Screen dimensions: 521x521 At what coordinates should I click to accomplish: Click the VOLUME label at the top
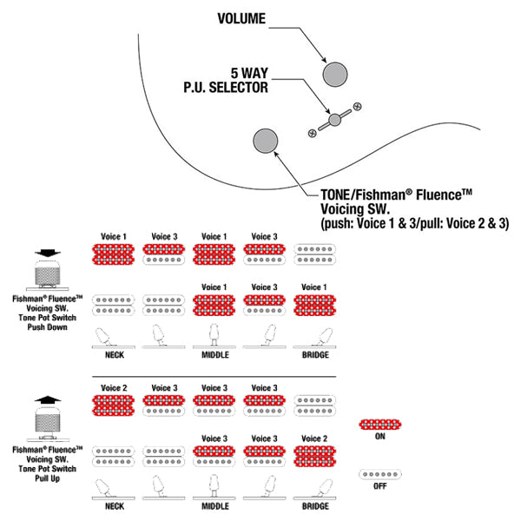[241, 18]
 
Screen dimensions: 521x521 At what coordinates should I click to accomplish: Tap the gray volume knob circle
[335, 74]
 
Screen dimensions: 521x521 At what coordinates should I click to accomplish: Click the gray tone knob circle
[266, 141]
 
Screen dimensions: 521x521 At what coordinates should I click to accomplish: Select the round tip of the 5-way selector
[334, 120]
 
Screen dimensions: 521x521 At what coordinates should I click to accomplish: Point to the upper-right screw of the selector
[358, 107]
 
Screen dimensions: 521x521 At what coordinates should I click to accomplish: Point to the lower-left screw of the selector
[313, 133]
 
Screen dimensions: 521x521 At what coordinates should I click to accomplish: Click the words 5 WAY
[249, 73]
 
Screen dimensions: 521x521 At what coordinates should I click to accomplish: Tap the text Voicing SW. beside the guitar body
[355, 209]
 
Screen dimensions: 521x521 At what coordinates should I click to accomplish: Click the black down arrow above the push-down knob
[48, 254]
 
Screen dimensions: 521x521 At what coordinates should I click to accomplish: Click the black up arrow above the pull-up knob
[48, 399]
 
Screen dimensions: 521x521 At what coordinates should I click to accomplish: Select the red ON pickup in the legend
[380, 425]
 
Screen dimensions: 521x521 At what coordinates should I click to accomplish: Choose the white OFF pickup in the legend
[380, 474]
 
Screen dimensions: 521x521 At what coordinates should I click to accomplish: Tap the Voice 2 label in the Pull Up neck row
[114, 388]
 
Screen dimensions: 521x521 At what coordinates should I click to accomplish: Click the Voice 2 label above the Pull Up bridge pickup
[314, 439]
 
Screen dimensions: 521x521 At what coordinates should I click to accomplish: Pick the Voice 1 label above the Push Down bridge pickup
[314, 287]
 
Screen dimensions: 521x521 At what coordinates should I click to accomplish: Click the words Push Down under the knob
[47, 327]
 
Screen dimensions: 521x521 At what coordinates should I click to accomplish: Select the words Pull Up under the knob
[47, 478]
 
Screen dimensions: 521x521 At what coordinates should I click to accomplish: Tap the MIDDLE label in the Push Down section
[215, 355]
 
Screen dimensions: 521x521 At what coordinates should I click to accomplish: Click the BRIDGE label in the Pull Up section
[315, 506]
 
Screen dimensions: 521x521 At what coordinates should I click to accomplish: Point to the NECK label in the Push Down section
[115, 355]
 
